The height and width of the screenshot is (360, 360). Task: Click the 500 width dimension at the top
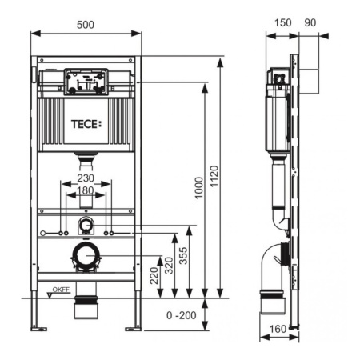click(86, 25)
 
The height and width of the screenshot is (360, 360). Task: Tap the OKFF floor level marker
click(61, 291)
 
